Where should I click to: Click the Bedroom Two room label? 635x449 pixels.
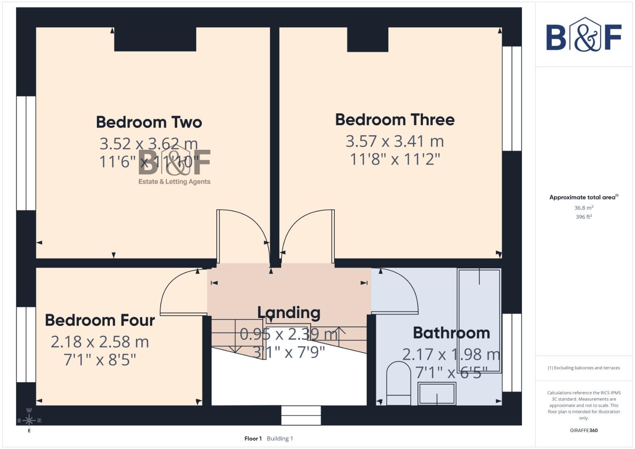(149, 122)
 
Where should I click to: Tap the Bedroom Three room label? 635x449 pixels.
(395, 120)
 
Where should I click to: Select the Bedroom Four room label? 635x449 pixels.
(100, 321)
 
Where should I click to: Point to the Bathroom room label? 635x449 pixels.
(451, 333)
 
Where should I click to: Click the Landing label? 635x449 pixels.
(289, 313)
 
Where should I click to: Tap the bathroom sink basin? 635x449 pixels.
(437, 393)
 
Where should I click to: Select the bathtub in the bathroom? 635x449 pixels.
(479, 320)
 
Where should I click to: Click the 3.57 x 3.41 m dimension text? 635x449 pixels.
(395, 141)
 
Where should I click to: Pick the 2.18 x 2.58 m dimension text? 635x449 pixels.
(100, 342)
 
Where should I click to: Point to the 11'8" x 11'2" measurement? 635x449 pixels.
(395, 159)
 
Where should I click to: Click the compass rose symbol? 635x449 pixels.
(29, 420)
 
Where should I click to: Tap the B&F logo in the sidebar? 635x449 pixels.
(583, 35)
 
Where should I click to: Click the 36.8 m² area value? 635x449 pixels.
(583, 208)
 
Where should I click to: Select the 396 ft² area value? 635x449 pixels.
(583, 217)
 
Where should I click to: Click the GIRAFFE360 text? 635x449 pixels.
(583, 430)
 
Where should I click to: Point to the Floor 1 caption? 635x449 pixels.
(253, 439)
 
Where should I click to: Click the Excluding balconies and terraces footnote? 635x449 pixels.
(583, 368)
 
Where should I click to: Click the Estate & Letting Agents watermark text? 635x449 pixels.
(174, 182)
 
